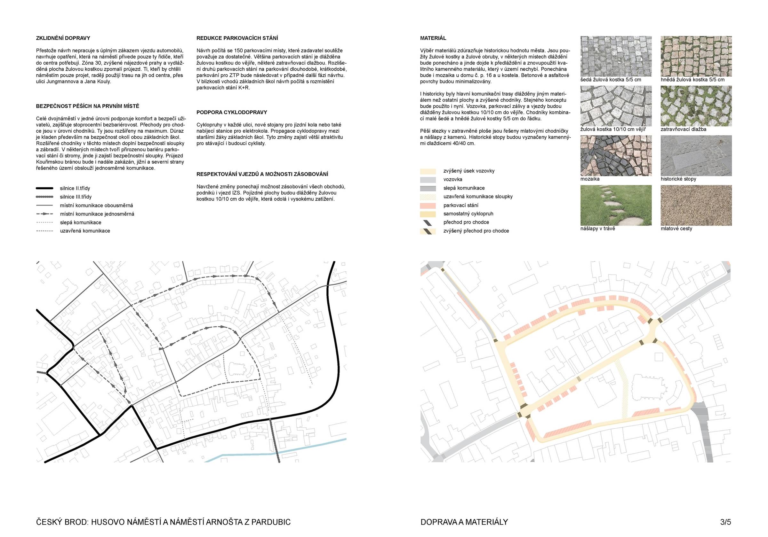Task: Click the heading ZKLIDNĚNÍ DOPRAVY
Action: point(63,38)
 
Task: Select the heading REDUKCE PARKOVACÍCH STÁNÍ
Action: point(237,38)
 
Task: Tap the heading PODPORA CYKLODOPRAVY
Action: point(231,112)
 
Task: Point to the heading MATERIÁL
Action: point(433,38)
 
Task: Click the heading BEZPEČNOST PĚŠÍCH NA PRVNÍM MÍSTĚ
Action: point(88,106)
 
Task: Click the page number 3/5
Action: point(725,522)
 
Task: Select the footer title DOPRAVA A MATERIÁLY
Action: point(464,522)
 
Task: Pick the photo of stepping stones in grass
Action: point(616,205)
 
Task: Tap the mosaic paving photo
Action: point(616,155)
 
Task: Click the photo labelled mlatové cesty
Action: point(696,205)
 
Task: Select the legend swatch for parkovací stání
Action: point(428,206)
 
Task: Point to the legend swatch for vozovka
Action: point(428,180)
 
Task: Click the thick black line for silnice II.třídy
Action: point(44,189)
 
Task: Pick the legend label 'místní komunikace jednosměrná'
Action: point(97,214)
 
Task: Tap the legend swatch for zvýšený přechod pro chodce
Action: point(428,231)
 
